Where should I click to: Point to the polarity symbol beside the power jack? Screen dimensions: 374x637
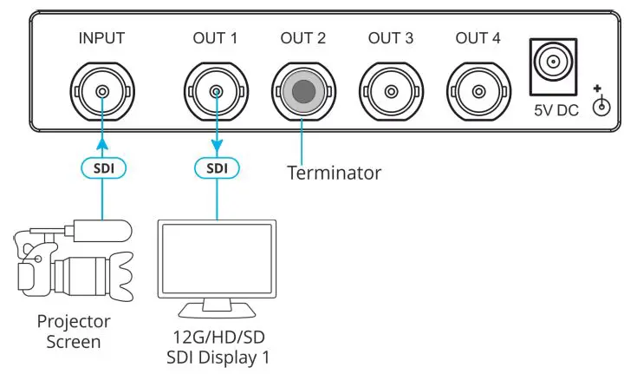click(x=597, y=102)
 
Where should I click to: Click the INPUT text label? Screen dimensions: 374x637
click(x=102, y=38)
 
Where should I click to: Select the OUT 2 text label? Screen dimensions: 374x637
click(x=302, y=38)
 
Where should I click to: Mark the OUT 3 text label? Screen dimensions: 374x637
click(x=391, y=38)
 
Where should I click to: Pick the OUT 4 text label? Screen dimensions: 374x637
click(x=478, y=38)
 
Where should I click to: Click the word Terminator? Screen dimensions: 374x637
click(x=334, y=173)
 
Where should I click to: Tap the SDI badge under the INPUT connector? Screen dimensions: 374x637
click(x=102, y=166)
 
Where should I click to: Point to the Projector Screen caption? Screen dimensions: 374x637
click(x=74, y=331)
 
